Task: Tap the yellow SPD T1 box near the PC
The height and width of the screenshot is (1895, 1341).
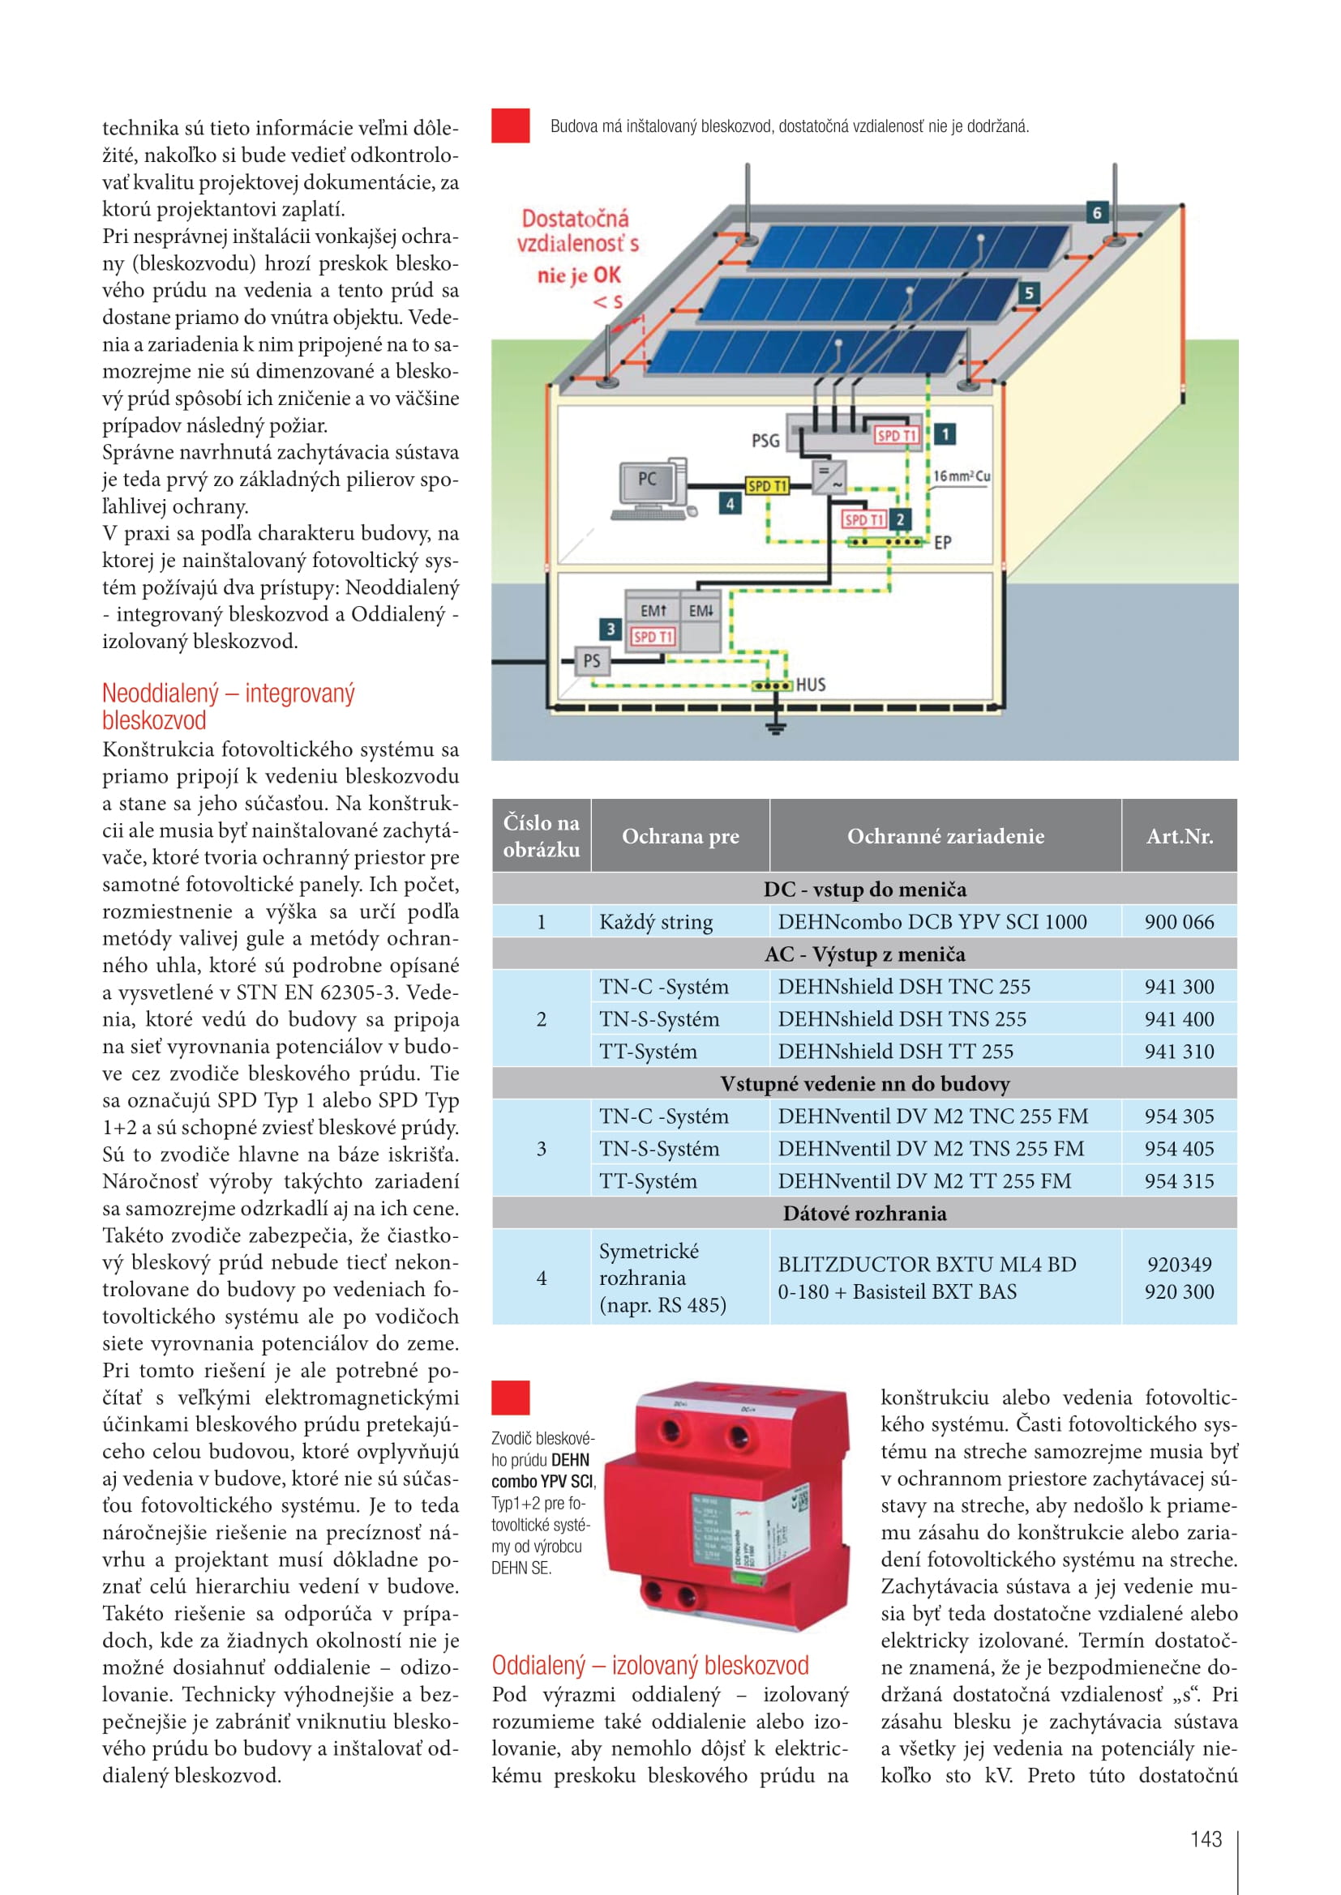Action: point(767,486)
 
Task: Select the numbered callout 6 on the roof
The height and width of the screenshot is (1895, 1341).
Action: point(1097,212)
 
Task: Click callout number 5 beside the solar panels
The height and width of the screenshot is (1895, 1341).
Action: point(1028,293)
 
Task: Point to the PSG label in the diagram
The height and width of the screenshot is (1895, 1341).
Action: point(765,441)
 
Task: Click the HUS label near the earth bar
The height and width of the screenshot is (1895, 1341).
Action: point(810,685)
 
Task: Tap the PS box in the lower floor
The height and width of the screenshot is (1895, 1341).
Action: point(591,660)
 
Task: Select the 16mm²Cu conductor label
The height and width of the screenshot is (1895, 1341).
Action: point(962,476)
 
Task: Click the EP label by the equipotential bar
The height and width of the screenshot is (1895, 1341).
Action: point(942,542)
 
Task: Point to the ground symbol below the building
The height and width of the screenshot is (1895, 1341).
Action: point(775,725)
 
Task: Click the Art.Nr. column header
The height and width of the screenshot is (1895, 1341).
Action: point(1179,836)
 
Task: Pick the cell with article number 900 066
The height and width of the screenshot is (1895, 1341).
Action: point(1179,922)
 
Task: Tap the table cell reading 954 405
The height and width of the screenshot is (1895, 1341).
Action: point(1179,1149)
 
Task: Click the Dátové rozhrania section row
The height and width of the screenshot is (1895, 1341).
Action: point(864,1214)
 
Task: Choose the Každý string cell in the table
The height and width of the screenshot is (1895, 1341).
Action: point(656,922)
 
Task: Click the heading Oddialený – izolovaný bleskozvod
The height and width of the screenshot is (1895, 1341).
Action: point(650,1665)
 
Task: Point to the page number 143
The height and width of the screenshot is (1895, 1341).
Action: point(1206,1839)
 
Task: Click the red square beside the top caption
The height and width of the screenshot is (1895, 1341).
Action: point(510,126)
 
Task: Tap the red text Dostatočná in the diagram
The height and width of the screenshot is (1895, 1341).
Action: point(575,219)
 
